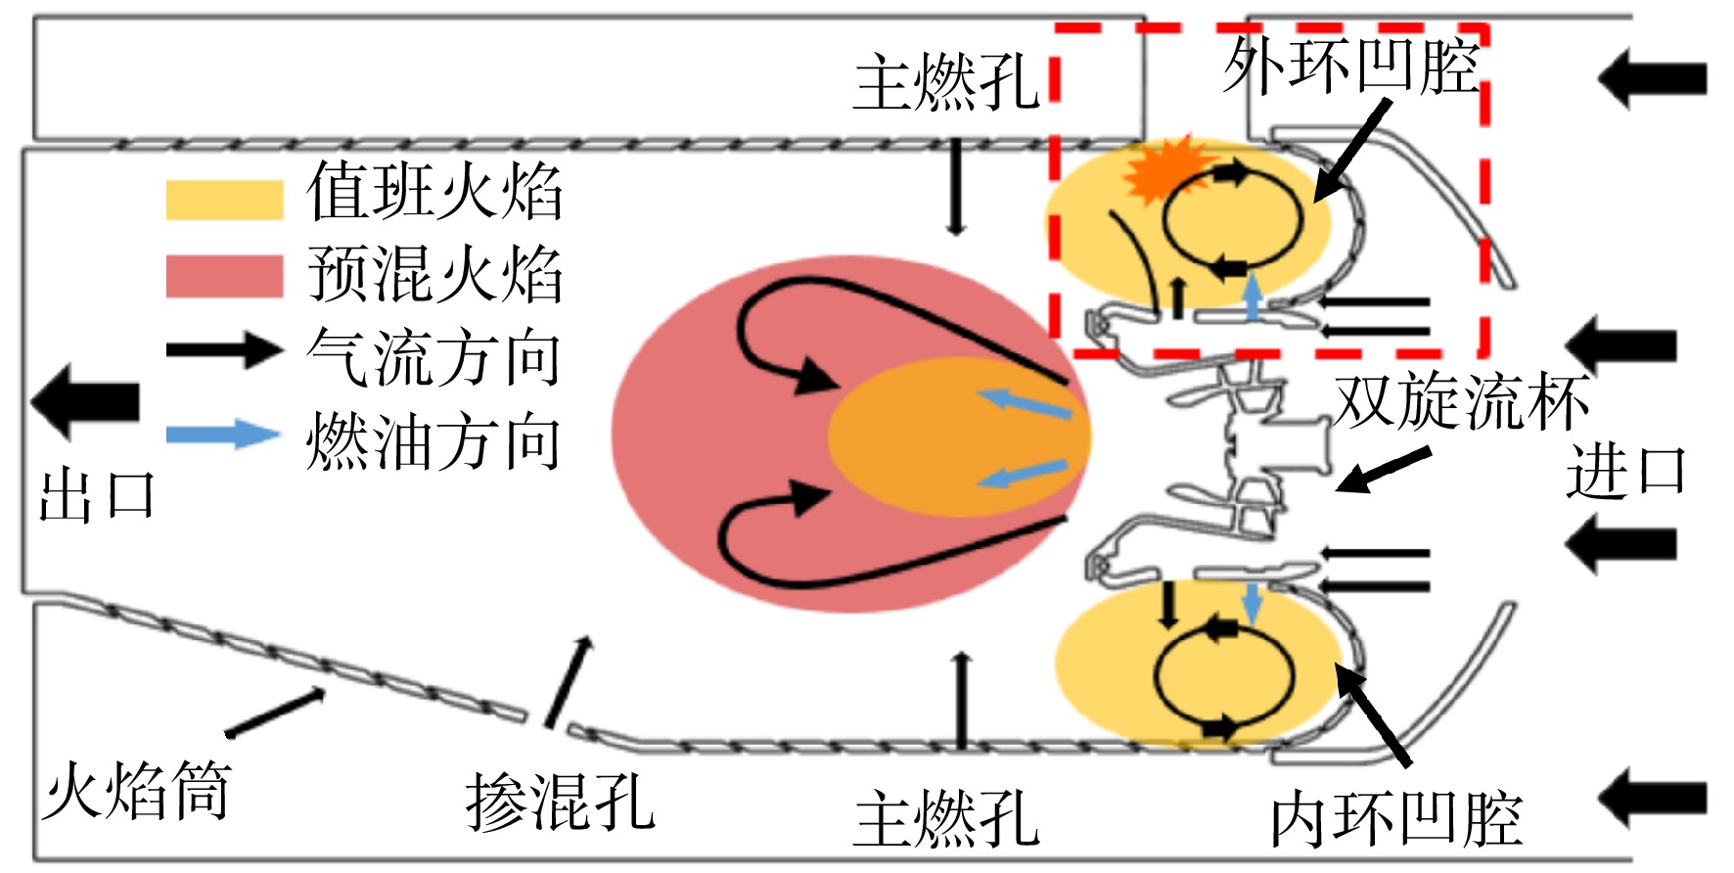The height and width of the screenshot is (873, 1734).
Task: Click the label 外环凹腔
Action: [1351, 67]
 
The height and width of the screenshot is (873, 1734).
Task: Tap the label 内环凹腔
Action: [1396, 819]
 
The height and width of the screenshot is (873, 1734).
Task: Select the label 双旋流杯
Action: [1461, 401]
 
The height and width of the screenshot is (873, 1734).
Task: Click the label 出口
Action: [96, 494]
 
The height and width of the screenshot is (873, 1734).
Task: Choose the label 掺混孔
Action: [560, 802]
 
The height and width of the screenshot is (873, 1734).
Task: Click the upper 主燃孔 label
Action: [946, 83]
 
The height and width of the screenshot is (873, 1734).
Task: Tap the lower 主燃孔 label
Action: [946, 819]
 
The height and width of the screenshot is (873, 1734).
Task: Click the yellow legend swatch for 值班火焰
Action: [224, 199]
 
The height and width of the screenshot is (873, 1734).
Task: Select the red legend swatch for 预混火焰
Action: [224, 276]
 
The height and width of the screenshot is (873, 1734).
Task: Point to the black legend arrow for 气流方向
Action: [224, 349]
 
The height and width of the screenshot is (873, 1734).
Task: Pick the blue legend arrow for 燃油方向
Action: [224, 434]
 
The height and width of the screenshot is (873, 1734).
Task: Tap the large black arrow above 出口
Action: [85, 401]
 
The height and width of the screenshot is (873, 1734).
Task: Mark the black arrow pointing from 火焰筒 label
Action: [276, 712]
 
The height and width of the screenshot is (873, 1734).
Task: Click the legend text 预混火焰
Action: [434, 273]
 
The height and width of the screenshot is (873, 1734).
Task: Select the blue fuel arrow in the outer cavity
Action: [1252, 297]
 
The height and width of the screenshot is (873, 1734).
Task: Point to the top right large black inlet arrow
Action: [1653, 77]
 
